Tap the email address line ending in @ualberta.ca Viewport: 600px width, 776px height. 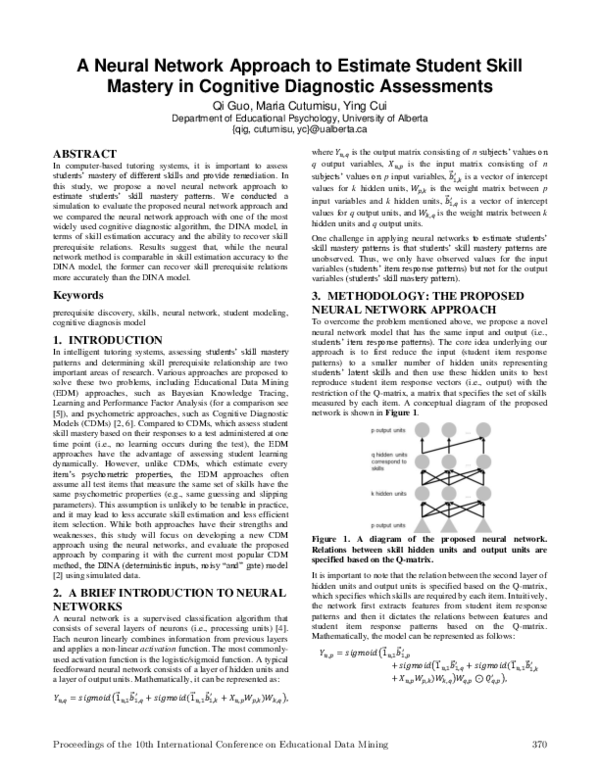(299, 129)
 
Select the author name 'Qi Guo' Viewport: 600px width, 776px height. (230, 104)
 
